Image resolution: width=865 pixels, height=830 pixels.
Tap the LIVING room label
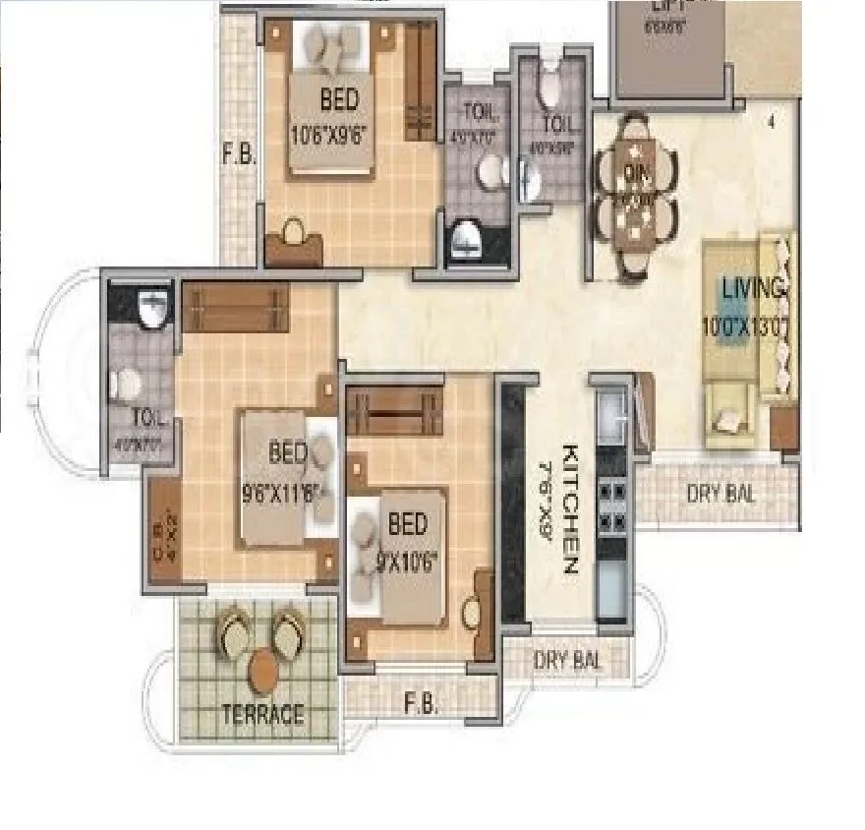(753, 289)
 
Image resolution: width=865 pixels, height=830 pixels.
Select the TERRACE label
(261, 714)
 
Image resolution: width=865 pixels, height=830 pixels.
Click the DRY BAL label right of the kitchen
(721, 494)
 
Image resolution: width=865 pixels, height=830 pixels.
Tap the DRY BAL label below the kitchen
(567, 660)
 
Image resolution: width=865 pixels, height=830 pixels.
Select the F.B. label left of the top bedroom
(238, 154)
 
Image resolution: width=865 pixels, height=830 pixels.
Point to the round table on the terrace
(263, 672)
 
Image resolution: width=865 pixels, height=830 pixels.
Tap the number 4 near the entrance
(773, 123)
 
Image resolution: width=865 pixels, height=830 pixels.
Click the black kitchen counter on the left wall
(511, 502)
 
